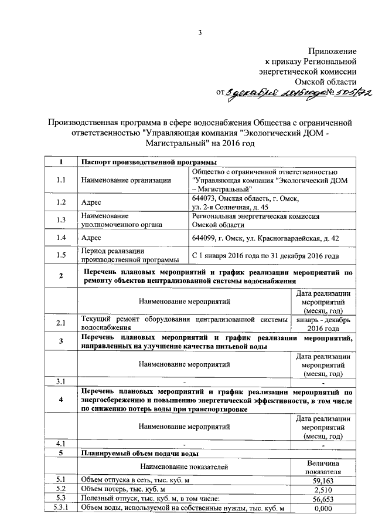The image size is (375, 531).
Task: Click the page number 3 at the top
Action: [x=199, y=33]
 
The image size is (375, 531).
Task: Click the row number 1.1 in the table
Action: [x=61, y=181]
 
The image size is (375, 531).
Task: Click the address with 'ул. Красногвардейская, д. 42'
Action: [x=265, y=238]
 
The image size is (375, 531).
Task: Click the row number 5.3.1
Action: [x=61, y=508]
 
